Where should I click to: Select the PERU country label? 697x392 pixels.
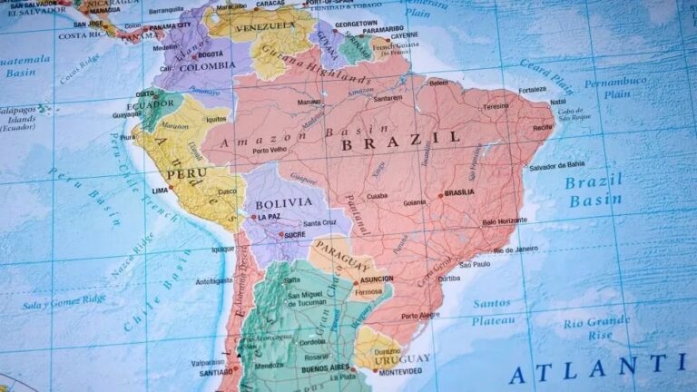click(x=187, y=172)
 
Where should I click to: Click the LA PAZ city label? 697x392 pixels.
click(x=268, y=217)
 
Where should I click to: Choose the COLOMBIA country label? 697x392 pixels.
click(x=206, y=65)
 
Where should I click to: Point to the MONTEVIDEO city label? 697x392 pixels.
click(x=399, y=372)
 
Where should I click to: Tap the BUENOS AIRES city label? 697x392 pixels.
click(x=326, y=367)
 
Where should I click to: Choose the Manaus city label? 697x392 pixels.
click(x=309, y=103)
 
